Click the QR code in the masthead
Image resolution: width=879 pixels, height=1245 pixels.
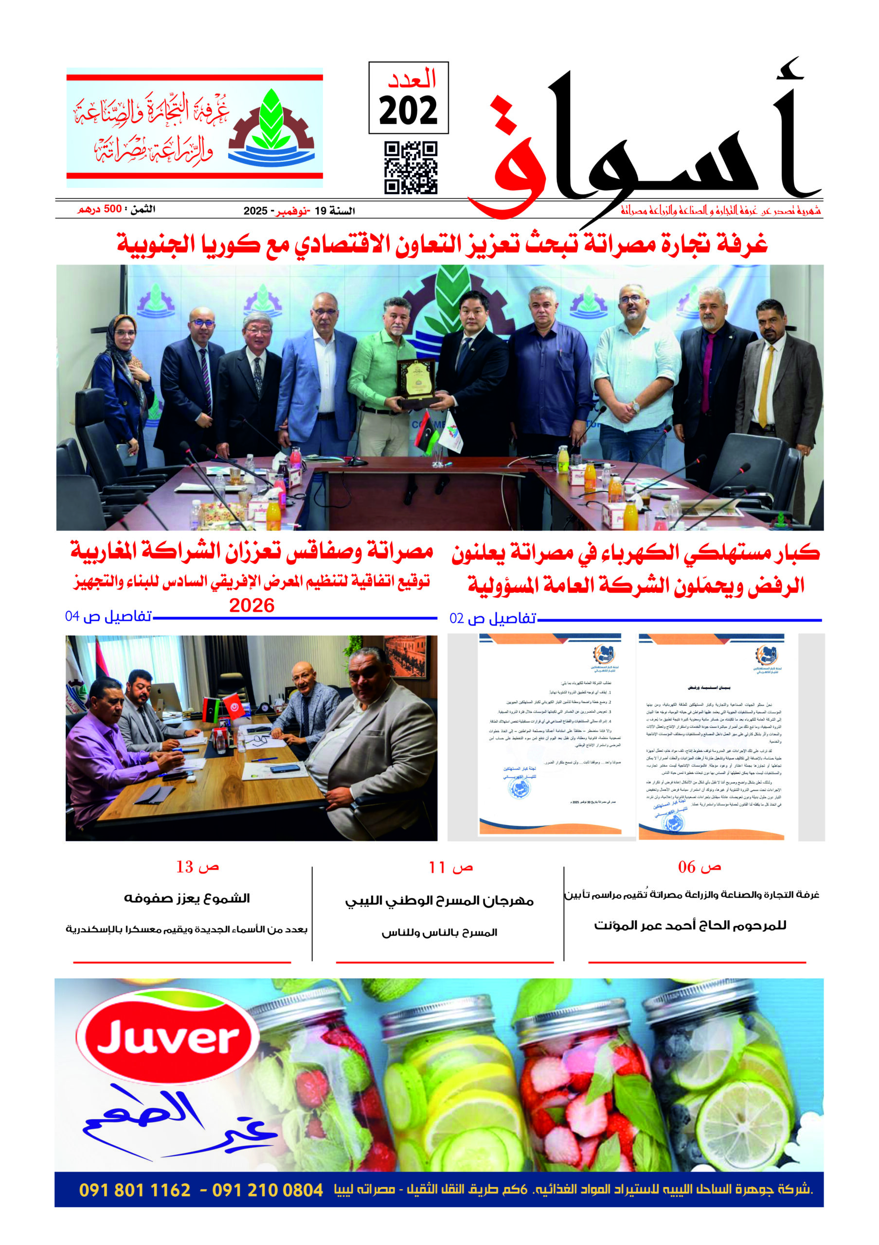click(x=411, y=168)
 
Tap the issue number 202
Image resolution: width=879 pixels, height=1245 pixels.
click(x=408, y=110)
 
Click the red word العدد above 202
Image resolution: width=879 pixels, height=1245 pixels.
click(x=411, y=79)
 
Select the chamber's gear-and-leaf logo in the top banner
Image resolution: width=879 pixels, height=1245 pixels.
click(x=271, y=128)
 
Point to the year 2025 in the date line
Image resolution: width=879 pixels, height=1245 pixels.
click(x=255, y=211)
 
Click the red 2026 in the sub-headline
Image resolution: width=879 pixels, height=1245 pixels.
click(x=251, y=605)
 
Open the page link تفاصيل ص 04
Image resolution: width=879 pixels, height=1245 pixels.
click(x=108, y=617)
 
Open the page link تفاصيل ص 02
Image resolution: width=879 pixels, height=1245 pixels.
click(x=492, y=618)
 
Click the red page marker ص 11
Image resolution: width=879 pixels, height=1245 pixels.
click(x=450, y=868)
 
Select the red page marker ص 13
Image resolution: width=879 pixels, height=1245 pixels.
click(x=197, y=867)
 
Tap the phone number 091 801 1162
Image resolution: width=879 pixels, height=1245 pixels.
click(x=135, y=1190)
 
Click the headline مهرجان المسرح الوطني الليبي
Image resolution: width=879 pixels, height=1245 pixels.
click(x=439, y=901)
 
